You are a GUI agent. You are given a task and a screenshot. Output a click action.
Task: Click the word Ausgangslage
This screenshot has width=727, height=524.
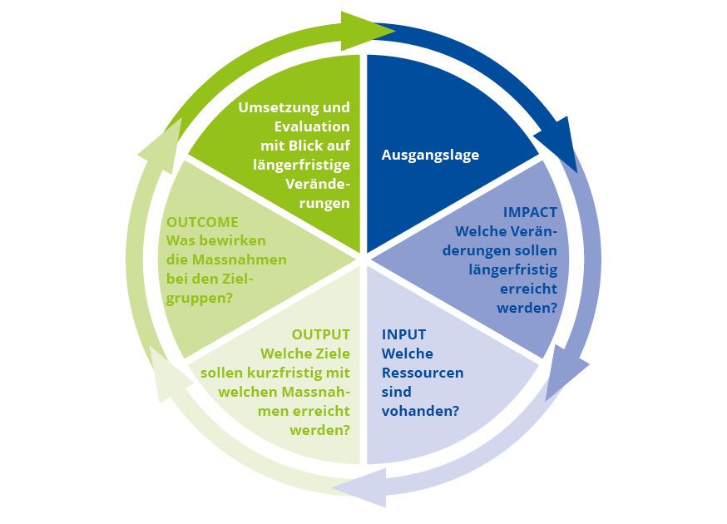430,155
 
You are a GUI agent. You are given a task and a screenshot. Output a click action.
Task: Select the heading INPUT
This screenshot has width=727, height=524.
403,334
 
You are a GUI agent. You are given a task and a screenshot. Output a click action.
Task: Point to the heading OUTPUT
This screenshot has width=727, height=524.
321,334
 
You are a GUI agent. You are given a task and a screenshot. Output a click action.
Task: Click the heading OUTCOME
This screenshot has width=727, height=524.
202,222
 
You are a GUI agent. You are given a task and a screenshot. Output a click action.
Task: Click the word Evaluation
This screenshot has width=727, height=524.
312,126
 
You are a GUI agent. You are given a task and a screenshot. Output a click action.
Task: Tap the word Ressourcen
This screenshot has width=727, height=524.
422,373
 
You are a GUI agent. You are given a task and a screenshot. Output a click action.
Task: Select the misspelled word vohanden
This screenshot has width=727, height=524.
421,411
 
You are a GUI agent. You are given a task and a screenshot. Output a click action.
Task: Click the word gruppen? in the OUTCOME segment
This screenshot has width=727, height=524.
200,298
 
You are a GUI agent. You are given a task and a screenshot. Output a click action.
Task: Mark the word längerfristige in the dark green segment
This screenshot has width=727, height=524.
301,165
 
